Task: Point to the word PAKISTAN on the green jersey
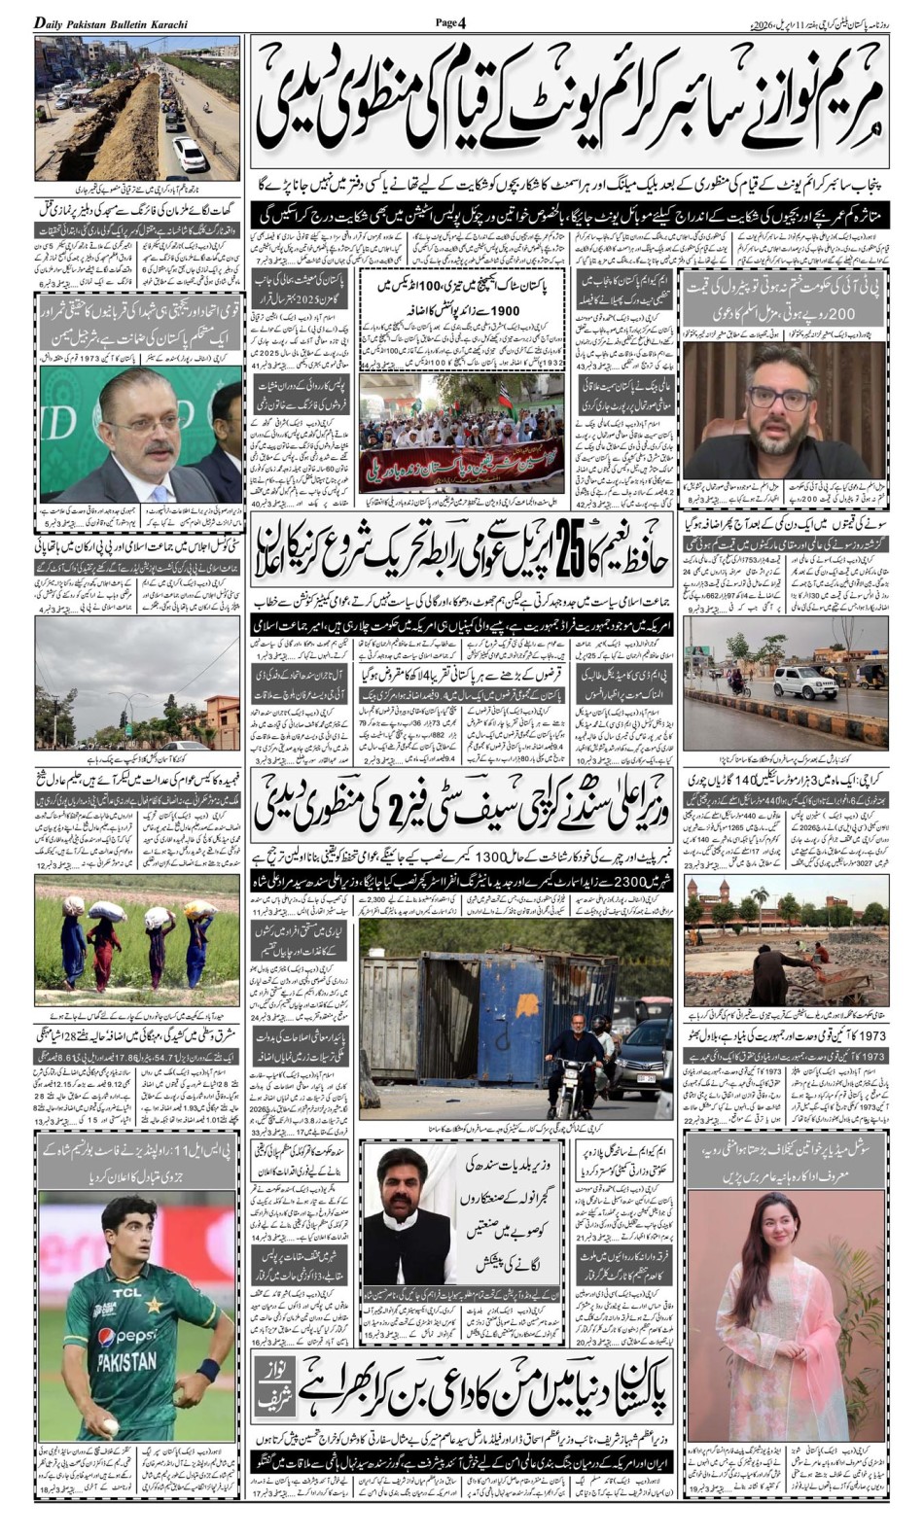click(126, 1360)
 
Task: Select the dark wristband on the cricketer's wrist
click(206, 1372)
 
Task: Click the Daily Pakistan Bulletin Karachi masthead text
click(112, 22)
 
